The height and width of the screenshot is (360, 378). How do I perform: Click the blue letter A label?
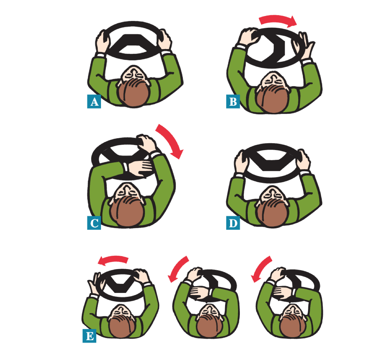tap(94, 101)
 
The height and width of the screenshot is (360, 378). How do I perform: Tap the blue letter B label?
tap(233, 101)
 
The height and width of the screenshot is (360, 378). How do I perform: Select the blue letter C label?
tap(94, 223)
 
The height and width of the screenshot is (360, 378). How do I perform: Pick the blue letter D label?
tap(233, 223)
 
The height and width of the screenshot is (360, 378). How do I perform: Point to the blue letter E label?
tap(89, 335)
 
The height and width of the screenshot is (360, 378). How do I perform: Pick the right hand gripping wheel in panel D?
tap(303, 159)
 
